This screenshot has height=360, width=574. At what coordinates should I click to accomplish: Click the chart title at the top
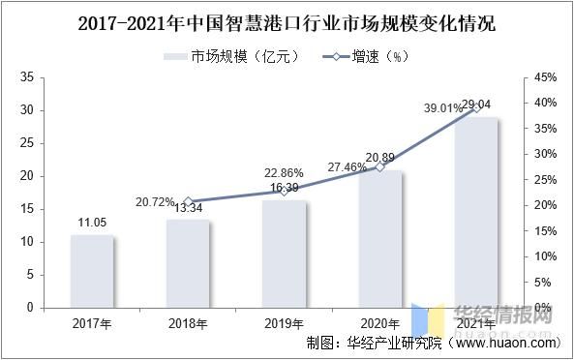tap(286, 22)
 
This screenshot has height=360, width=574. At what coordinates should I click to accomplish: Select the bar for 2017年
tap(92, 271)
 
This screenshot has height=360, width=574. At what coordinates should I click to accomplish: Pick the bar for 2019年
tap(284, 254)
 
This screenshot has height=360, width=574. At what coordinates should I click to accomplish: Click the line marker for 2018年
tap(188, 201)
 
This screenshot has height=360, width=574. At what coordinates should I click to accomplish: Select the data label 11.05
tap(92, 223)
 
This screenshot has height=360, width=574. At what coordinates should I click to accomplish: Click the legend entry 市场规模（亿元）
tap(224, 56)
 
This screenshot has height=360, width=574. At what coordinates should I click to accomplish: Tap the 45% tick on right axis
tap(546, 77)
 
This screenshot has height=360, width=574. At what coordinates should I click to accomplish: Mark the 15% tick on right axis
tap(546, 230)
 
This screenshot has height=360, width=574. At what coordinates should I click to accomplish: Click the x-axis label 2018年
tap(188, 322)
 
